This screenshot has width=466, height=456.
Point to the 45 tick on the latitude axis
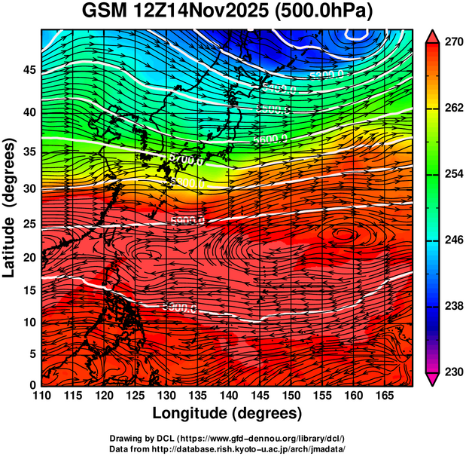click(28, 71)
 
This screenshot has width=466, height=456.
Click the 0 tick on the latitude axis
click(32, 384)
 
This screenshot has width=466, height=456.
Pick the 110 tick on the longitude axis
click(41, 395)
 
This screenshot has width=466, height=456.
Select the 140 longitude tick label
click(227, 395)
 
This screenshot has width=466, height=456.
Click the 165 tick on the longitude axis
click(382, 395)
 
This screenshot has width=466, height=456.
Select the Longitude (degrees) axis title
click(227, 414)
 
